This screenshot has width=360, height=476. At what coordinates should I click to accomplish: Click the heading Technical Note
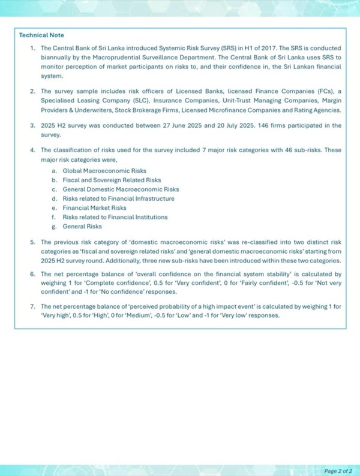coord(42,35)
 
